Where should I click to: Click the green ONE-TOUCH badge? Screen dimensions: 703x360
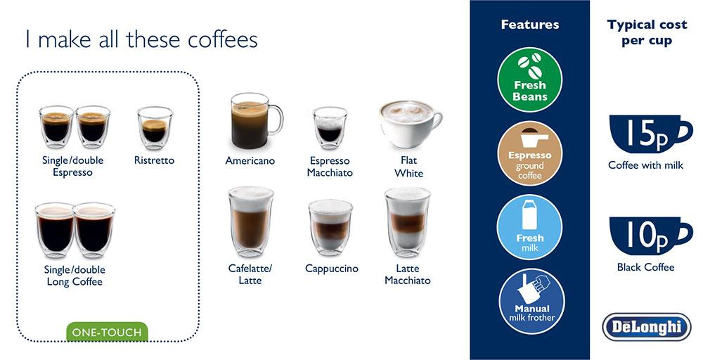coord(107,332)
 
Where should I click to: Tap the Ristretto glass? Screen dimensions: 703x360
coord(155,128)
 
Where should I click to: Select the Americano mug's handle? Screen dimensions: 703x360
coord(276,120)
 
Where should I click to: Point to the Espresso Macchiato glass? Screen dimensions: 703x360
coord(330,128)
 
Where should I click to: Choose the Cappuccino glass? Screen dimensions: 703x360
coord(331,227)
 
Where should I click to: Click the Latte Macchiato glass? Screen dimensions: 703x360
coord(408,222)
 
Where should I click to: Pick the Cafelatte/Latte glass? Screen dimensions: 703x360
coord(251,222)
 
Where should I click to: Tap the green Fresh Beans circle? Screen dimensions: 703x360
coord(530,79)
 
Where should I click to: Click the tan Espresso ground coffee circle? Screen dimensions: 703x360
coord(530,153)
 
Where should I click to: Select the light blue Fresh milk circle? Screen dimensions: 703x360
coord(529,227)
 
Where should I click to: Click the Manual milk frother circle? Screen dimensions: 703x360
coord(531,301)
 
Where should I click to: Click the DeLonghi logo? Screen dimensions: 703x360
coord(647,327)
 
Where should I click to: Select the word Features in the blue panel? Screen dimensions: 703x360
coord(530,24)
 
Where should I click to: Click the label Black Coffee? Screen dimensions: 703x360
coord(645,267)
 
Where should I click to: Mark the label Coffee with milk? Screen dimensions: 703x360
coord(645,165)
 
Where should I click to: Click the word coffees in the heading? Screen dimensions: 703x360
coord(222,39)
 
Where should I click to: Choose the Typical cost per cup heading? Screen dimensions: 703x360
coord(647,32)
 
